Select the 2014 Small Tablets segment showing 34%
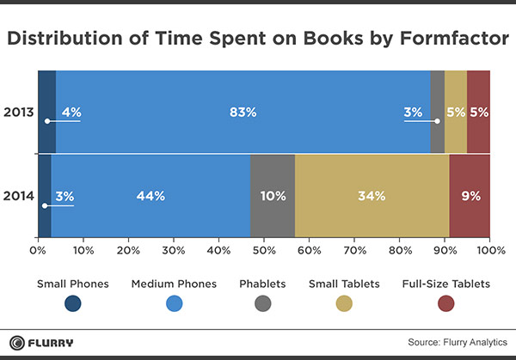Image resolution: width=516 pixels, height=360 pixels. (372, 196)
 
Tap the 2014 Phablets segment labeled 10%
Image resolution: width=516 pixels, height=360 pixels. (273, 196)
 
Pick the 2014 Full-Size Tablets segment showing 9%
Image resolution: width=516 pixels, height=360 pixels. (470, 196)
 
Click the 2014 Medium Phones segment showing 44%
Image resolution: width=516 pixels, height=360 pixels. (150, 196)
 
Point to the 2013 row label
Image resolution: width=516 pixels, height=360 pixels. (18, 112)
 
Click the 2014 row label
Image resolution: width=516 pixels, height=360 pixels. (18, 196)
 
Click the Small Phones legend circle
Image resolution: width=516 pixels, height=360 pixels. (72, 302)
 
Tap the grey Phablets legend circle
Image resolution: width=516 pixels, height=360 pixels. (263, 302)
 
